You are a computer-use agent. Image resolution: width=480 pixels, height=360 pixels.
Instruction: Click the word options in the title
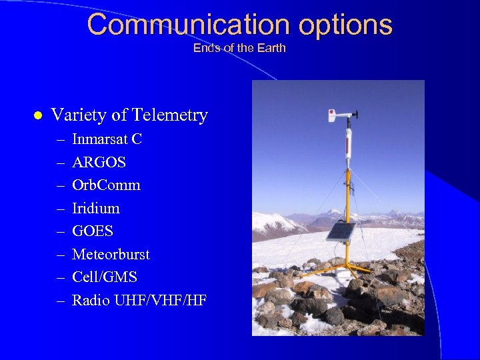tap(345, 25)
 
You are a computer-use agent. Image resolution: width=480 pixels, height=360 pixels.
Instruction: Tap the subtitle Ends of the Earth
tap(239, 48)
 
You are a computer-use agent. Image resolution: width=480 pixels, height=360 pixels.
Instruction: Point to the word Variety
tap(79, 115)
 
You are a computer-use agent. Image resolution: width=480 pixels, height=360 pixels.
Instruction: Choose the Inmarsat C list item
tap(107, 139)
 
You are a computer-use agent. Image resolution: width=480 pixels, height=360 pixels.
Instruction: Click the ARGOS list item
tap(99, 162)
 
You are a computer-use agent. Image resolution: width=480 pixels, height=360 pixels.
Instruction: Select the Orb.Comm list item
tap(106, 185)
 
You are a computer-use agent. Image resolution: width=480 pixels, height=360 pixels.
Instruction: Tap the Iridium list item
tap(95, 209)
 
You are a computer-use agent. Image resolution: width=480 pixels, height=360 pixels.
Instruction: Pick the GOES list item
tap(93, 231)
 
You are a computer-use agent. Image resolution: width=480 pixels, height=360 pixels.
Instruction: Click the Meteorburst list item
tap(111, 255)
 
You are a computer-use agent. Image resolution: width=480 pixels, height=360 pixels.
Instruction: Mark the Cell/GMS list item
tap(104, 277)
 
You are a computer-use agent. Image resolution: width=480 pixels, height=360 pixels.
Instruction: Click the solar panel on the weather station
tap(341, 231)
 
